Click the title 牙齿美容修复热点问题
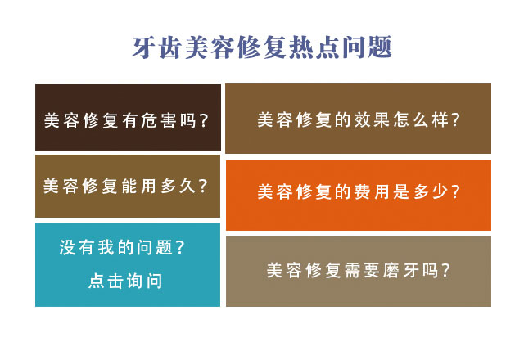262,47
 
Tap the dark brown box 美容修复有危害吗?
128,117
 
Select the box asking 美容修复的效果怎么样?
359,119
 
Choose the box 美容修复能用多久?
128,186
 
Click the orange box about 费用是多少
359,196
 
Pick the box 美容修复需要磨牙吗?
359,271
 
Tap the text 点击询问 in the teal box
125,281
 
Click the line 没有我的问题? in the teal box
122,247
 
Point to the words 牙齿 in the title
157,47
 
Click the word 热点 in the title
314,47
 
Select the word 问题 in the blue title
366,47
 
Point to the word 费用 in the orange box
371,191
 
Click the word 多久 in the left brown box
178,186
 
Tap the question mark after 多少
455,191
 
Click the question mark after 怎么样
455,119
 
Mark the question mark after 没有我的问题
180,247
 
